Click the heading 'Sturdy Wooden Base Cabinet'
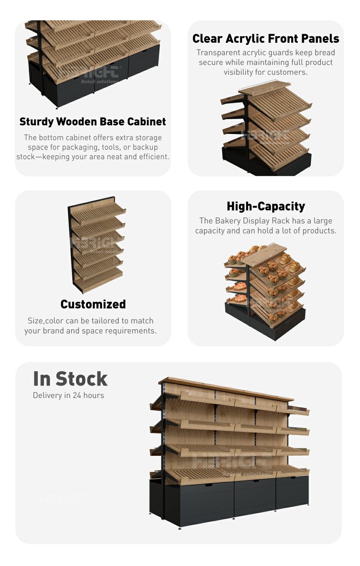point(93,122)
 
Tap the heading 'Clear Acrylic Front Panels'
point(266,39)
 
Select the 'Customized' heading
point(93,304)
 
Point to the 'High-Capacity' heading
point(266,206)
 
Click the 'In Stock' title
point(70,379)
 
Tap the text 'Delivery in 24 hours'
point(68,395)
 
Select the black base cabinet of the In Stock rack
point(230,501)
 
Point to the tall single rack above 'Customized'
point(96,244)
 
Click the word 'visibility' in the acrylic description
point(238,72)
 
